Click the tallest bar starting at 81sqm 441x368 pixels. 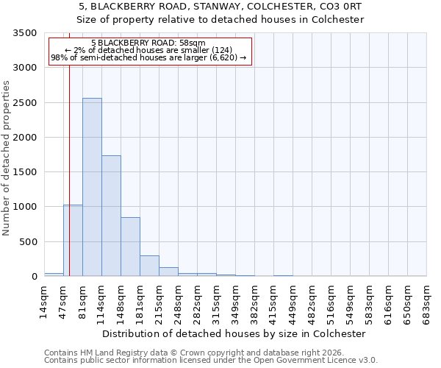[92, 187]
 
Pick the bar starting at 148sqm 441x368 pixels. [130, 247]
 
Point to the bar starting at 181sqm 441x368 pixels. [149, 266]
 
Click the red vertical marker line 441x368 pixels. [69, 147]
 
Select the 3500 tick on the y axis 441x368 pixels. [25, 34]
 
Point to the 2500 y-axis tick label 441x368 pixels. [25, 103]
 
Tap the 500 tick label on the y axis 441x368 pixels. [28, 242]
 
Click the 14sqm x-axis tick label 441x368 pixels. [45, 299]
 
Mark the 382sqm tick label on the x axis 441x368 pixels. [255, 299]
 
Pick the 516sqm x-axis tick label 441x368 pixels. [331, 299]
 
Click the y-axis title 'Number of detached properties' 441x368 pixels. [7, 158]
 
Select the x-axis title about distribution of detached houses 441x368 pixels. [235, 333]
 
